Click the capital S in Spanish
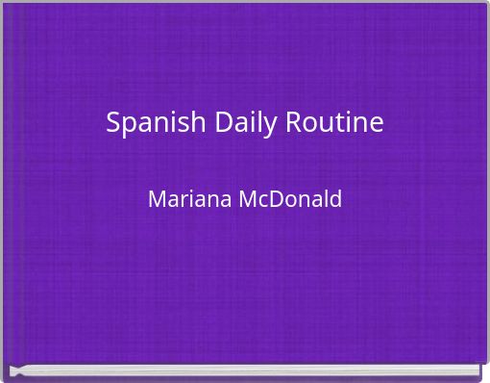(112, 123)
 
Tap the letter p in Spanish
(128, 126)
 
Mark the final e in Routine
(376, 125)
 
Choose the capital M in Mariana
(157, 200)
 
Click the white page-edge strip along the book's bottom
(245, 370)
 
